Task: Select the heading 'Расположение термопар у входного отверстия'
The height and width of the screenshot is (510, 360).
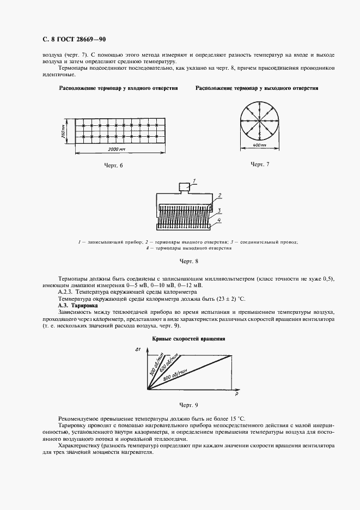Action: [x=119, y=88]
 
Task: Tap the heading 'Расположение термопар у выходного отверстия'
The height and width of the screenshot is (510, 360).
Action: [x=257, y=88]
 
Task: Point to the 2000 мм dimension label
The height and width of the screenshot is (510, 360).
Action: [x=116, y=148]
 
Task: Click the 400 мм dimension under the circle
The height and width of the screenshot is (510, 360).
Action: [x=260, y=145]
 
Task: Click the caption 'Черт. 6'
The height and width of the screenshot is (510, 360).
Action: [x=114, y=165]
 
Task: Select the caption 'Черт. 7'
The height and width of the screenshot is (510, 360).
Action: [x=260, y=164]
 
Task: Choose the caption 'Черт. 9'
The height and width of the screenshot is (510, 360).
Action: [x=188, y=405]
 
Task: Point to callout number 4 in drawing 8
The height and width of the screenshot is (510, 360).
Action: [x=218, y=220]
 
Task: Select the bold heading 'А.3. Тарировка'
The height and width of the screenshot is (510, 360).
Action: [x=77, y=306]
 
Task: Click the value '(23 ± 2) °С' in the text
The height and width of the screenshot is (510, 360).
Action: [x=228, y=299]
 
